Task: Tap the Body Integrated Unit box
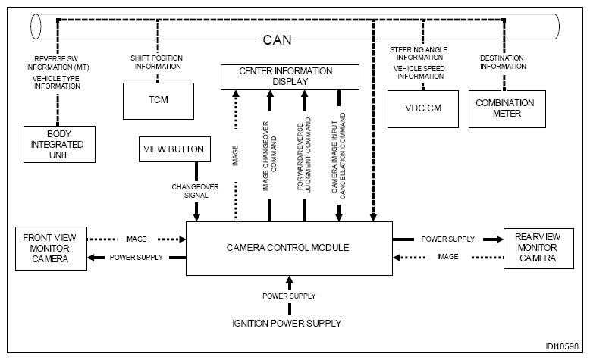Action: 59,144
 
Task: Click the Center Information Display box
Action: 289,77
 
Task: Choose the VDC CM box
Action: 422,108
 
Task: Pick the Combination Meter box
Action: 504,108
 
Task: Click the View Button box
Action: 174,149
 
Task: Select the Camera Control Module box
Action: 289,248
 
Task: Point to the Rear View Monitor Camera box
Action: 536,247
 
